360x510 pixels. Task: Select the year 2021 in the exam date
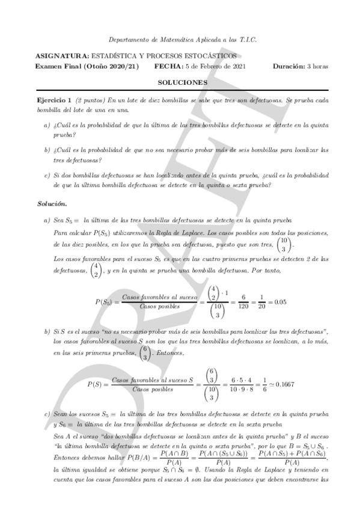coord(236,66)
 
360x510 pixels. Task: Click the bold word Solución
coord(50,204)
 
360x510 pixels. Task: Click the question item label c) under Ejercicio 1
coord(47,176)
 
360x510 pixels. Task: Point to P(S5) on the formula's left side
coord(106,301)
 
